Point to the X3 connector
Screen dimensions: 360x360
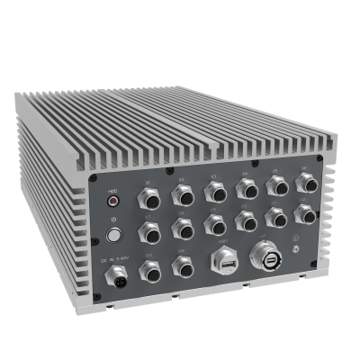[x=215, y=190]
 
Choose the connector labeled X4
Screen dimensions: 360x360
[x=246, y=188]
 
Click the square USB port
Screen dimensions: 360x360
[x=222, y=262]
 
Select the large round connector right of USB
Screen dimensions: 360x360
[x=265, y=254]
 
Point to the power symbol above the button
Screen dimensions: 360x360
[x=113, y=219]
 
